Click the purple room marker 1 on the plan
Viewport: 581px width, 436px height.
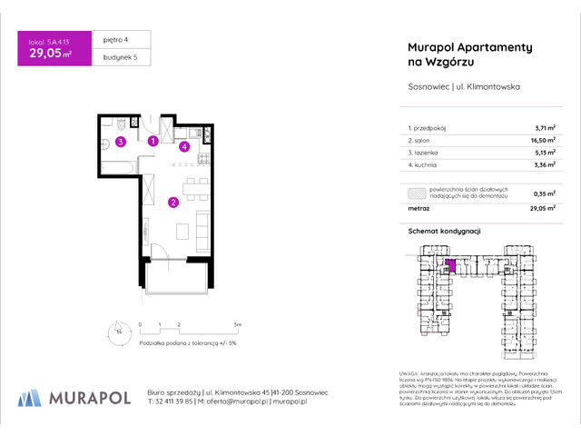(x=153, y=141)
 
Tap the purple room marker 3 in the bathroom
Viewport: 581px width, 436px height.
(x=119, y=141)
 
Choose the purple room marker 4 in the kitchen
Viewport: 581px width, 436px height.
(x=183, y=145)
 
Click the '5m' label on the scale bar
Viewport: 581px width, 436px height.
(x=237, y=323)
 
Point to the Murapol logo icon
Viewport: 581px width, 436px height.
(x=30, y=398)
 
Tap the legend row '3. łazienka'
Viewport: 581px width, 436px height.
(x=429, y=154)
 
